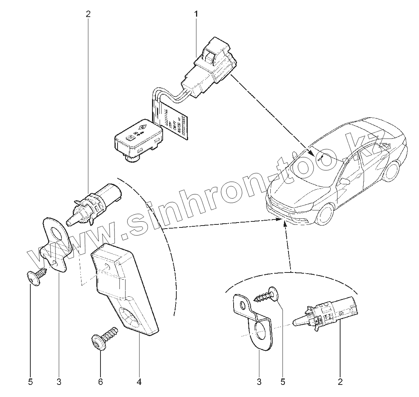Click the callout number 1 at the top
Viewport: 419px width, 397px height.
pyautogui.click(x=196, y=14)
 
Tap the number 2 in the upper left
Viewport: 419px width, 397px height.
pyautogui.click(x=88, y=14)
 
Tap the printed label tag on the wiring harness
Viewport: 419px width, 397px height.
pyautogui.click(x=174, y=123)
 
